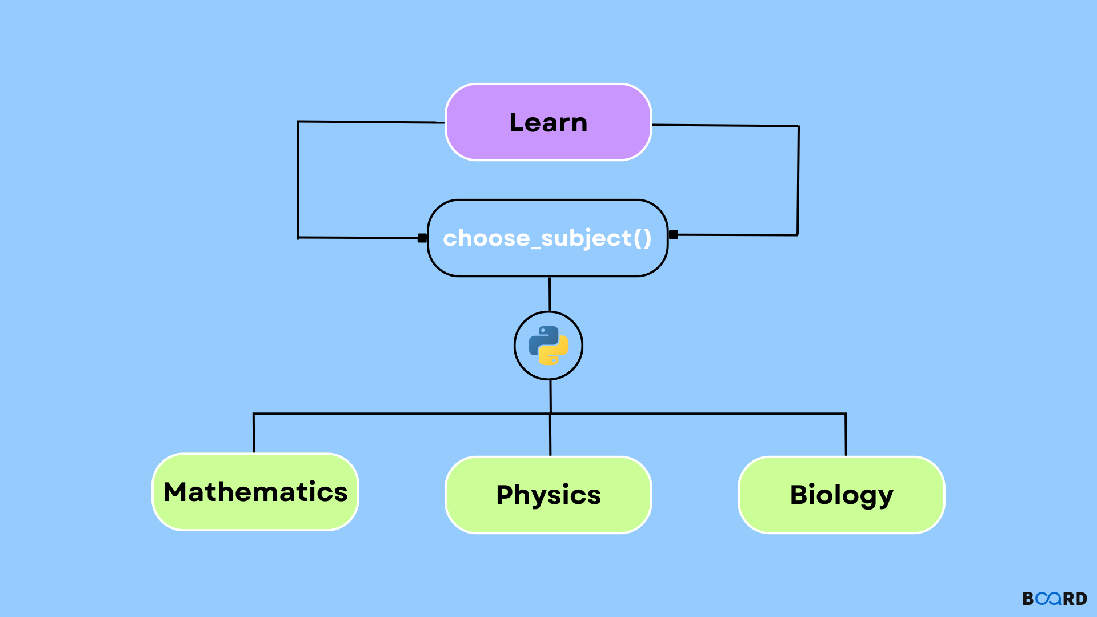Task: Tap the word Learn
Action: (548, 123)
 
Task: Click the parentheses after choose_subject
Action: (643, 238)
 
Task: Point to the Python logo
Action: (548, 346)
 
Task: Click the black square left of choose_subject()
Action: (422, 238)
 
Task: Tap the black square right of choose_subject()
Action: (674, 234)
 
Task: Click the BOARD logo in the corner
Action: (1055, 598)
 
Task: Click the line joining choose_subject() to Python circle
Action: (550, 294)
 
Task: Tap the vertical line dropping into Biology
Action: (846, 434)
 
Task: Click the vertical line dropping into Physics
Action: (550, 435)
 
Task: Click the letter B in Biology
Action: (800, 495)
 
